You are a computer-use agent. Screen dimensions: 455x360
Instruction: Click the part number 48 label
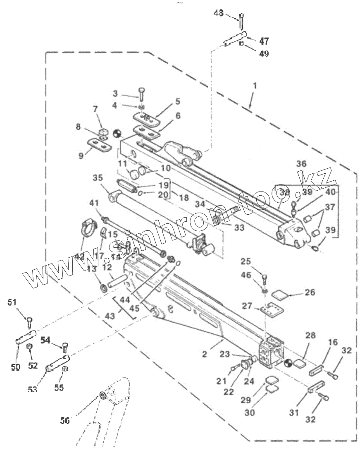(x=218, y=13)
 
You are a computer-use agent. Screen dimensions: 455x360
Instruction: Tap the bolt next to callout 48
(x=241, y=21)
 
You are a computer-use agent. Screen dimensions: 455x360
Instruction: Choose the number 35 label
(x=98, y=178)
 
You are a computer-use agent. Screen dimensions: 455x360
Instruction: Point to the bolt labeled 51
(x=29, y=321)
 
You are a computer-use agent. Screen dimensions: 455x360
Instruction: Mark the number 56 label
(x=64, y=421)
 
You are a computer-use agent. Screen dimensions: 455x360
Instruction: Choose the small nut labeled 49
(x=242, y=43)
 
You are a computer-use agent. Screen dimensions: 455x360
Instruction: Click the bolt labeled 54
(x=65, y=347)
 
